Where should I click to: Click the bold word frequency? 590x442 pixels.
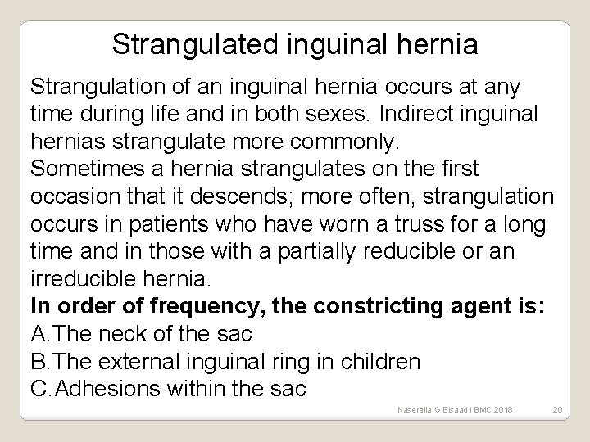pyautogui.click(x=165, y=308)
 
